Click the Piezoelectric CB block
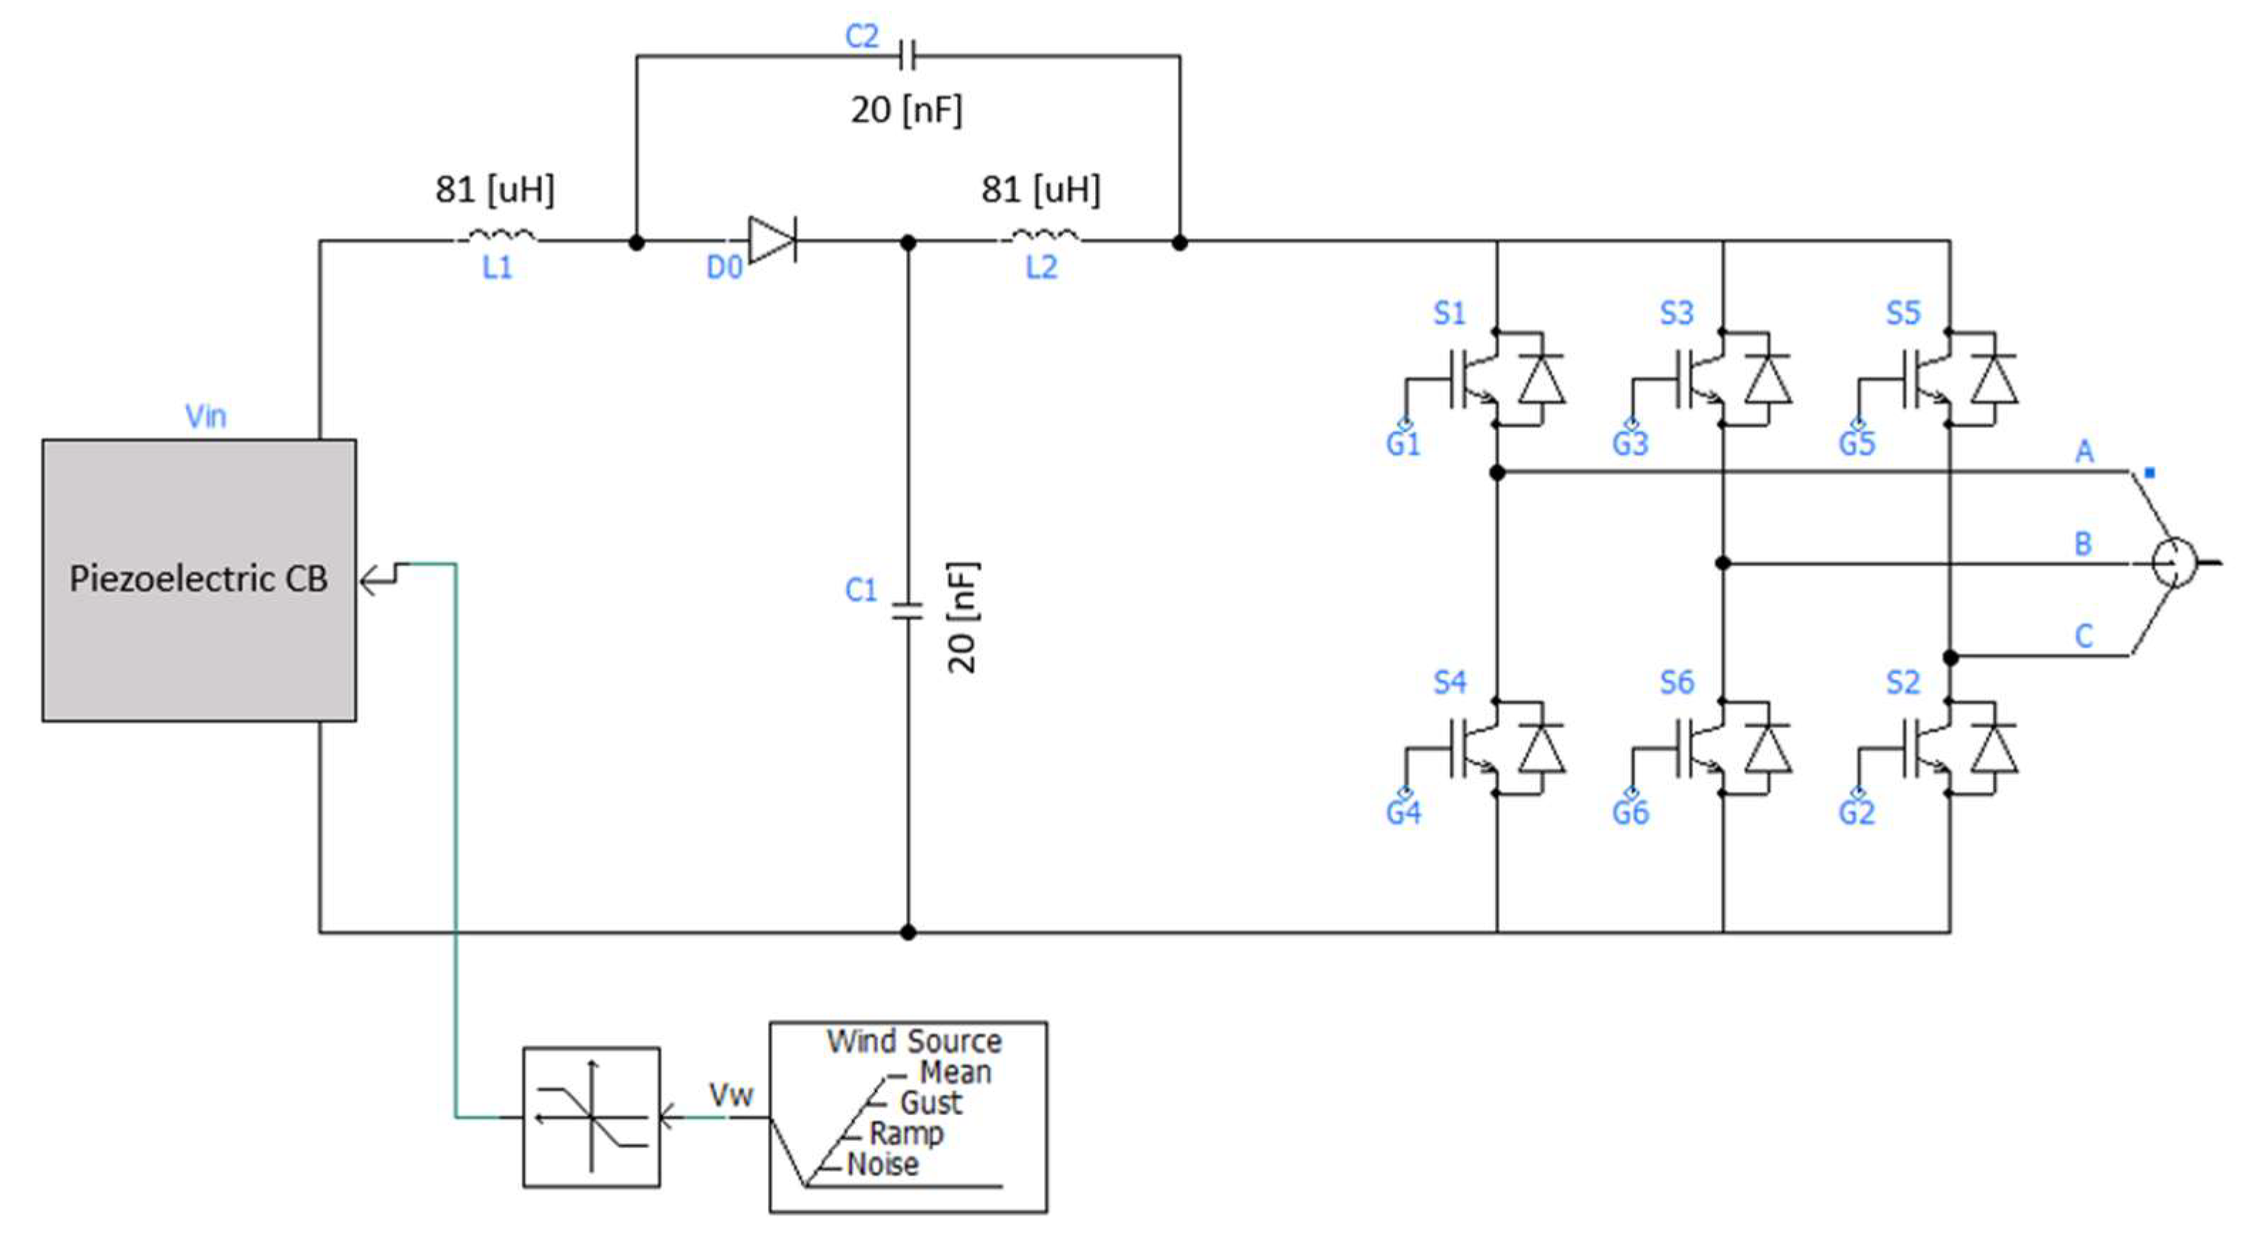(x=199, y=580)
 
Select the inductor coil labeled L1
(x=501, y=235)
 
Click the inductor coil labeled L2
(x=1045, y=235)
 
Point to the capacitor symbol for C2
(x=907, y=58)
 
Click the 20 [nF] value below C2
(x=906, y=111)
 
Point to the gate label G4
(x=1403, y=813)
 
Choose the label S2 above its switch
(x=1903, y=682)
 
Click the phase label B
(x=2083, y=544)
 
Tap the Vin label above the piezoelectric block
(x=206, y=416)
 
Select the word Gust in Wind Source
(x=930, y=1103)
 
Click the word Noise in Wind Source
(x=883, y=1163)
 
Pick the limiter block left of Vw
(x=591, y=1116)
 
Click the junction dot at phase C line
(x=1950, y=658)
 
